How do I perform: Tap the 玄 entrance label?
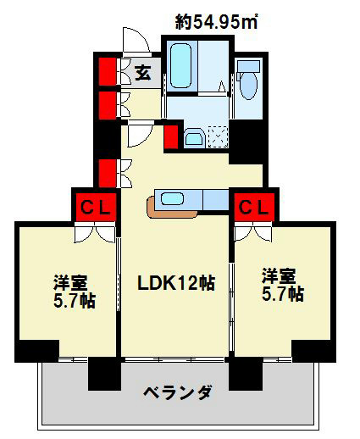click(x=143, y=72)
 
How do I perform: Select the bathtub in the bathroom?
click(x=181, y=64)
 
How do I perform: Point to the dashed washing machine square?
click(x=216, y=136)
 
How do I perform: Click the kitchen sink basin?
click(x=179, y=199)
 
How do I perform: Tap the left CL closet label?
click(x=94, y=206)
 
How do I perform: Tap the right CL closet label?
click(x=252, y=205)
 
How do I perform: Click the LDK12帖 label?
click(x=176, y=283)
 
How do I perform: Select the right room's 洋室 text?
click(x=280, y=276)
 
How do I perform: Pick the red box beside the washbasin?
click(x=171, y=136)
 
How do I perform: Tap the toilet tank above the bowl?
click(x=249, y=67)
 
